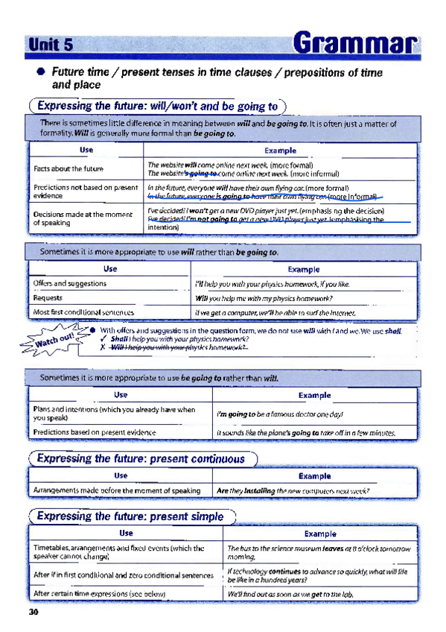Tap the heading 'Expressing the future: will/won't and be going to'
(x=157, y=107)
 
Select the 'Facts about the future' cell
(x=68, y=168)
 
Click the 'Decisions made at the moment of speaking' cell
(x=81, y=218)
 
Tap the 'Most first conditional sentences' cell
(x=84, y=312)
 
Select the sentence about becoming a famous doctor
(x=279, y=414)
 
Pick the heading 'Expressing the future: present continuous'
(x=141, y=458)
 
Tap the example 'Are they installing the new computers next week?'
(x=293, y=491)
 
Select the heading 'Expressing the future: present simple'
(x=130, y=516)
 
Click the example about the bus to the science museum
(x=318, y=552)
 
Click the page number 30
(x=33, y=613)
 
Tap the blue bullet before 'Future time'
(x=41, y=72)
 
